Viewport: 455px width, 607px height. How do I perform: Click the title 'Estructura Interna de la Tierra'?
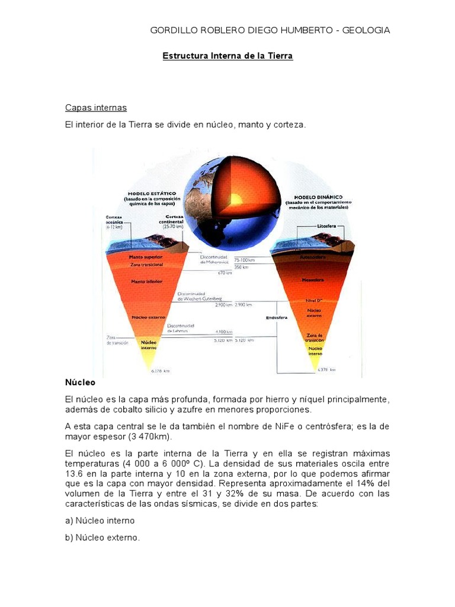coord(227,56)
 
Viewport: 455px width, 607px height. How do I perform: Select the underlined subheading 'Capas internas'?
coord(95,108)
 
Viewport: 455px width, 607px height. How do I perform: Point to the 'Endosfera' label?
coord(276,317)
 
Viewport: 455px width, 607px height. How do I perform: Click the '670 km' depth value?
coord(225,273)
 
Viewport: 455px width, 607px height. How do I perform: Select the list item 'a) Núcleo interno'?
coord(100,520)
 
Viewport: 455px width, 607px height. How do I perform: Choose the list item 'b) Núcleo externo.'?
coord(102,538)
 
